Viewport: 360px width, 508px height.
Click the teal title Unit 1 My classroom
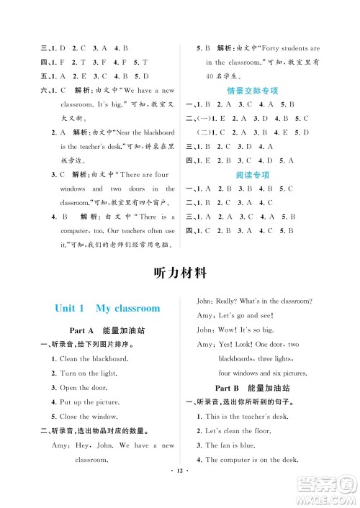107,308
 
